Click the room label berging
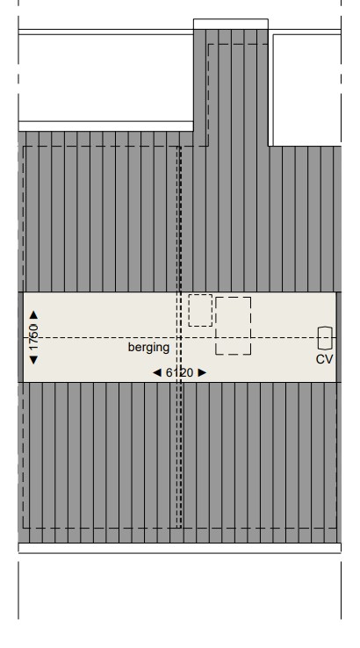click(148, 348)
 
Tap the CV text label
click(325, 359)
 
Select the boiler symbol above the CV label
click(325, 337)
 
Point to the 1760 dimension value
click(34, 337)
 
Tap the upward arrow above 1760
click(34, 314)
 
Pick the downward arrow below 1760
click(34, 359)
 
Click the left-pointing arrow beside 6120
click(157, 372)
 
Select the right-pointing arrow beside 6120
click(202, 372)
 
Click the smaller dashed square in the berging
click(200, 310)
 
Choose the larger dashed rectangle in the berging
click(233, 326)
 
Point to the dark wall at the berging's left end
click(20, 336)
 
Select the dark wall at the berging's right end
click(339, 336)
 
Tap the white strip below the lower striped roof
click(179, 548)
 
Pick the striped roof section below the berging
click(179, 461)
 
